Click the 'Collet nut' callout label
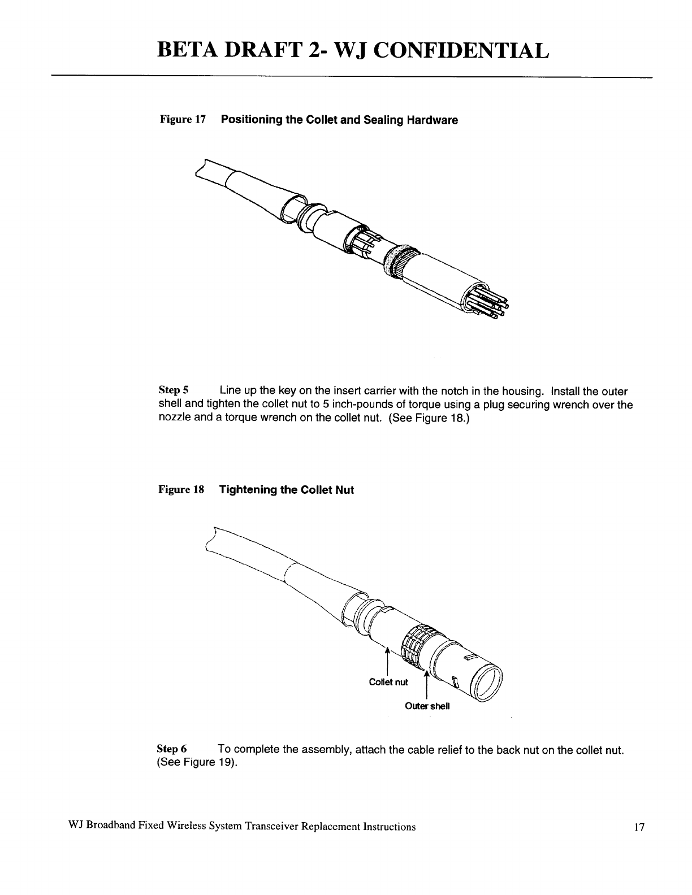tap(388, 682)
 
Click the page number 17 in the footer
tap(639, 828)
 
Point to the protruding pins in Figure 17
tap(493, 305)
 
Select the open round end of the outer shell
tap(488, 680)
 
